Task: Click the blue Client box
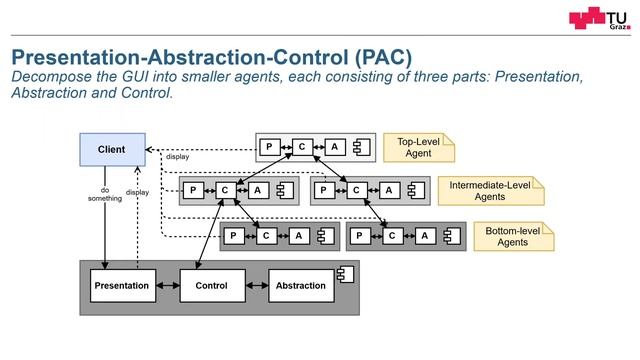pyautogui.click(x=111, y=150)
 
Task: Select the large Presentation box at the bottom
pyautogui.click(x=121, y=286)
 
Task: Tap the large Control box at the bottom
pyautogui.click(x=211, y=286)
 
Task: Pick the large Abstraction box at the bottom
pyautogui.click(x=301, y=286)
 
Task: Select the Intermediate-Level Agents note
pyautogui.click(x=490, y=190)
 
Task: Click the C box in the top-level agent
pyautogui.click(x=302, y=147)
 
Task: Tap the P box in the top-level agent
pyautogui.click(x=269, y=147)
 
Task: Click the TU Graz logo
pyautogui.click(x=600, y=20)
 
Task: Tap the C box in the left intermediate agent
pyautogui.click(x=226, y=190)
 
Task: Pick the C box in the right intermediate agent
pyautogui.click(x=355, y=190)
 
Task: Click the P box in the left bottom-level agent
pyautogui.click(x=233, y=236)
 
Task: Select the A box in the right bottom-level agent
pyautogui.click(x=425, y=236)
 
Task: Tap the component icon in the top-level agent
pyautogui.click(x=362, y=147)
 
